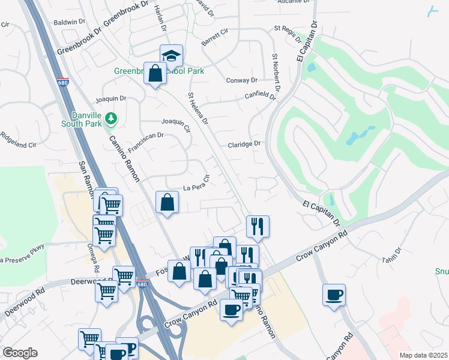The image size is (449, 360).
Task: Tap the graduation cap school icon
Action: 171,56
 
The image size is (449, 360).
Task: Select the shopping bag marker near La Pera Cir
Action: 167,202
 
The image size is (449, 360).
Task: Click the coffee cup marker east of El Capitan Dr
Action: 334,295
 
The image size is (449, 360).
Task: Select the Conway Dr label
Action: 241,80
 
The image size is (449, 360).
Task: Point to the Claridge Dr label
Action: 244,144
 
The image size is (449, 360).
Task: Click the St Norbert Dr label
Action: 275,76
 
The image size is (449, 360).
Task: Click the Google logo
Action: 20,353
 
